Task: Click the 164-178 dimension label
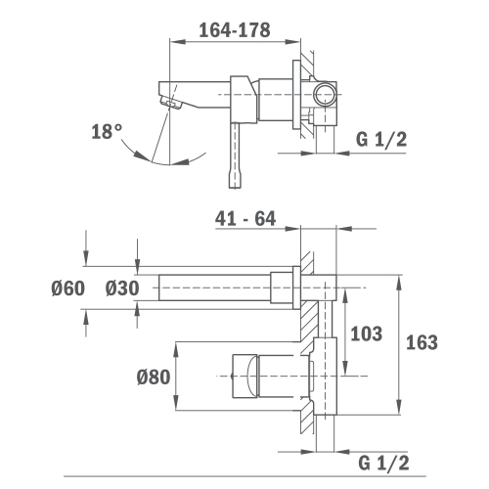[x=235, y=30]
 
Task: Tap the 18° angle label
[x=107, y=132]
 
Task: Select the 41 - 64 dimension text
[x=245, y=218]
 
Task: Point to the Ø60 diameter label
[x=68, y=289]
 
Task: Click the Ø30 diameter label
[x=122, y=289]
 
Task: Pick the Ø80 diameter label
[x=154, y=377]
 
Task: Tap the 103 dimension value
[x=366, y=333]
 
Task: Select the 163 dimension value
[x=422, y=342]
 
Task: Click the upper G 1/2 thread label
[x=381, y=140]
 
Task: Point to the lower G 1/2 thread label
[x=383, y=463]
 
